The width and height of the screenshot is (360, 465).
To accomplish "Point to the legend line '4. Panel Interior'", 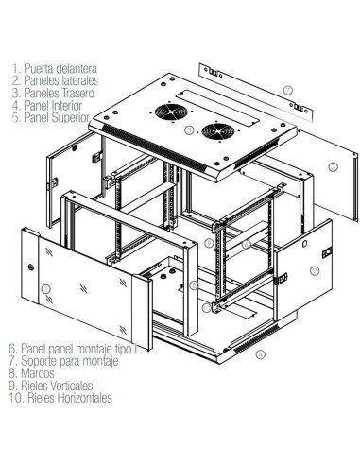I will pos(48,108).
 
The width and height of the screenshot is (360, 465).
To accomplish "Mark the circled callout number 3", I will pos(333,167).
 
